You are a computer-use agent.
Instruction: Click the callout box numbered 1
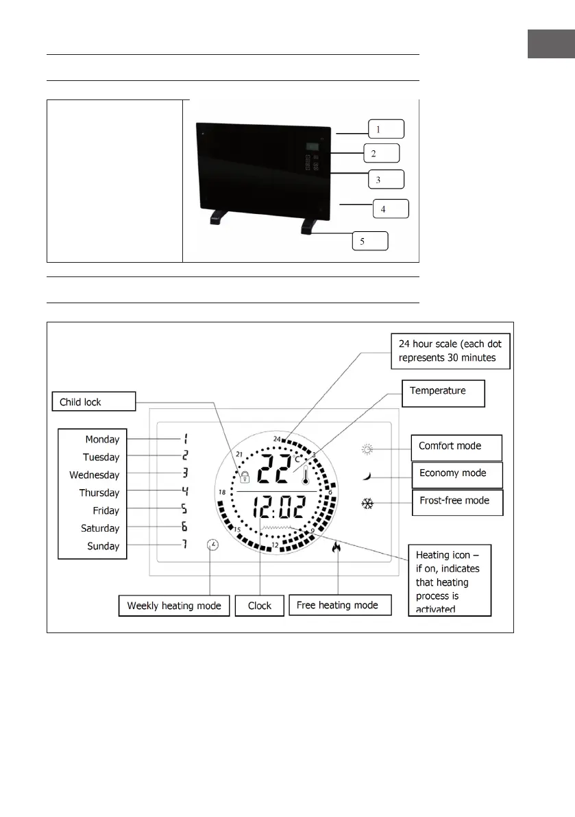pos(385,129)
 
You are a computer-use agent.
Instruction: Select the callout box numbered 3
pos(385,180)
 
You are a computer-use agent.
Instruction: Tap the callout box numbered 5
pos(369,241)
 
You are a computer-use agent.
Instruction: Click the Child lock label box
pos(95,401)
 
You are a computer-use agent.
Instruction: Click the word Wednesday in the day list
pos(95,475)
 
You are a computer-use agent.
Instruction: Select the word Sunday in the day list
pos(103,546)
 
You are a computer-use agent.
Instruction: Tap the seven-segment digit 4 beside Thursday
pos(184,490)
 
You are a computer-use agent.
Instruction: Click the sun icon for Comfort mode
pos(369,449)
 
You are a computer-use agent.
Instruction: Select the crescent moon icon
pos(368,475)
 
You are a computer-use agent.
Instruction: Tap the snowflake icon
pos(368,504)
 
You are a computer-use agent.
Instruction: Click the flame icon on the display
pos(337,547)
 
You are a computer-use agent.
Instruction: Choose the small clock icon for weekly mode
pos(213,545)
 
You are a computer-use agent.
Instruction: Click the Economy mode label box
pos(457,473)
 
